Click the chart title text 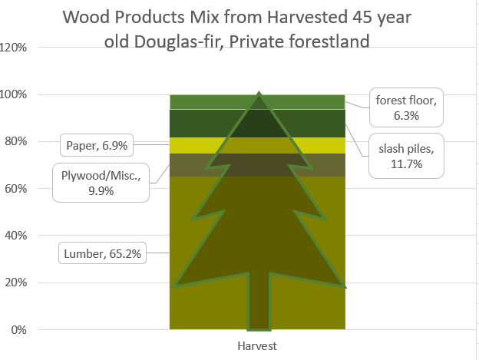click(x=237, y=29)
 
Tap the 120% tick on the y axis click(x=13, y=48)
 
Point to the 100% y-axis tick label click(x=13, y=94)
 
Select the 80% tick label click(x=16, y=141)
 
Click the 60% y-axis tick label click(x=16, y=189)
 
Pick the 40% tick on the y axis click(x=16, y=236)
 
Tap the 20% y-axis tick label click(x=16, y=282)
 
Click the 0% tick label click(x=18, y=330)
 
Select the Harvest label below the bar click(x=257, y=346)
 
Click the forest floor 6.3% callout click(x=406, y=107)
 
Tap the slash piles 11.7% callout click(x=406, y=156)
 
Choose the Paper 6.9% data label click(x=97, y=145)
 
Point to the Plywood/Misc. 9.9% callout click(x=101, y=183)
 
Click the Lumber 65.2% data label click(x=102, y=253)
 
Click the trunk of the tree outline click(x=259, y=302)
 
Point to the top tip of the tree click(x=259, y=92)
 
